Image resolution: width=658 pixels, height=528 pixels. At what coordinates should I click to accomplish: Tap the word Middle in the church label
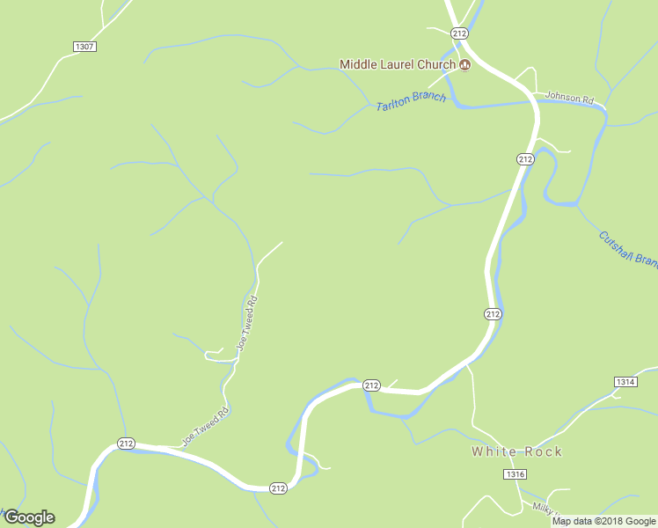[359, 64]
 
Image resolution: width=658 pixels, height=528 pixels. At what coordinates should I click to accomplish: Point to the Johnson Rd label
[569, 98]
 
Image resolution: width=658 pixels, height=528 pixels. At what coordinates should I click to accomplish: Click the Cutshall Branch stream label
[627, 248]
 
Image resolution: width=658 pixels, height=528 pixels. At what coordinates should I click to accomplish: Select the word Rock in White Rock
[543, 451]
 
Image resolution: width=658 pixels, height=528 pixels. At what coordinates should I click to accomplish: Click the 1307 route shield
[84, 46]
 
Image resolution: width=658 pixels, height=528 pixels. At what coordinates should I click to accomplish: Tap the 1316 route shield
[515, 474]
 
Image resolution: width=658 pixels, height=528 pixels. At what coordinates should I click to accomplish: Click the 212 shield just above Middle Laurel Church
[459, 33]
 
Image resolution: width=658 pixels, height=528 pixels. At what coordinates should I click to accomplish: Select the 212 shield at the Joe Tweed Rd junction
[126, 444]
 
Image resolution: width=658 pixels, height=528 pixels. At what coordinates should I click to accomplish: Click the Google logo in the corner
[28, 517]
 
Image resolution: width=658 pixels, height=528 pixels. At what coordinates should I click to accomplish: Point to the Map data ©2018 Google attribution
[603, 521]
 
